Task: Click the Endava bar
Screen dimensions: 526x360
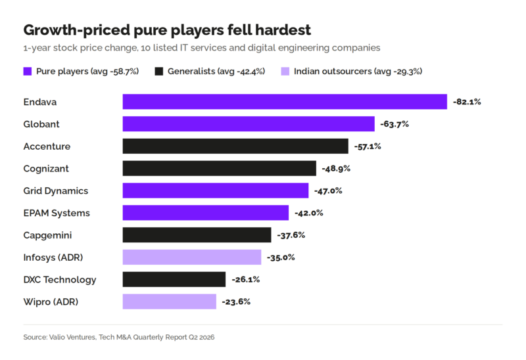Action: point(285,102)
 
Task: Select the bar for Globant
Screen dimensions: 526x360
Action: point(249,124)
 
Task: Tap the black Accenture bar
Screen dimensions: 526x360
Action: point(235,146)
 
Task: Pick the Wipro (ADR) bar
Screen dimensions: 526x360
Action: point(170,302)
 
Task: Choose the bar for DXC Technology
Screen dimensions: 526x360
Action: point(174,279)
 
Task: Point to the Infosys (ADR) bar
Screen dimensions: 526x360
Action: point(192,257)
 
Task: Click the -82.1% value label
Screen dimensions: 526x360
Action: point(467,102)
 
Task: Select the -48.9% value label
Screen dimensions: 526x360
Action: point(336,168)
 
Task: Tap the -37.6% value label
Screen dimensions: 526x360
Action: point(291,235)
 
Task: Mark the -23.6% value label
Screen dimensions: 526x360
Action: point(236,302)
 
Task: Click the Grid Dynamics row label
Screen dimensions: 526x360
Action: point(56,191)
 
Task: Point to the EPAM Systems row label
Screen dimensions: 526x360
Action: point(57,213)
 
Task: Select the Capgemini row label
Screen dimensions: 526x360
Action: point(47,235)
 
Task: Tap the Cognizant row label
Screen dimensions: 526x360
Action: point(46,169)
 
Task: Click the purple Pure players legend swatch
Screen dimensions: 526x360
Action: point(28,71)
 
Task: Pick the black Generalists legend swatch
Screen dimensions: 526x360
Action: point(159,71)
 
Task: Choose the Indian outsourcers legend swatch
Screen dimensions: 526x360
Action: point(285,71)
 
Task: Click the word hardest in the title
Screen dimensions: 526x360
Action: point(283,30)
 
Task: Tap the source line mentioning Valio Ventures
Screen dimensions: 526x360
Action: point(119,337)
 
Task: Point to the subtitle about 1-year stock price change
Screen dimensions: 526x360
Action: point(202,48)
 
